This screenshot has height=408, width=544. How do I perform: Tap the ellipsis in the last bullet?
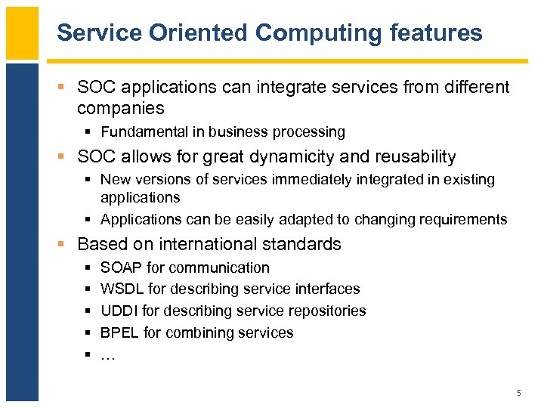(x=108, y=355)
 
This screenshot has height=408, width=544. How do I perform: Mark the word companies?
(x=121, y=107)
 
